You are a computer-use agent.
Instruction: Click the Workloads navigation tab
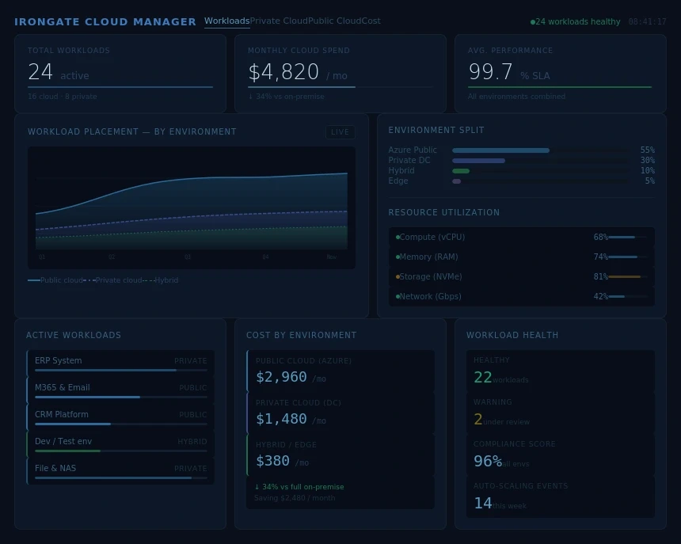(x=226, y=21)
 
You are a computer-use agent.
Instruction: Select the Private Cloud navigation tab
(x=279, y=21)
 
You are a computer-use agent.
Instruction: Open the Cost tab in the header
(x=371, y=21)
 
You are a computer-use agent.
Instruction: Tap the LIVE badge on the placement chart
(x=340, y=132)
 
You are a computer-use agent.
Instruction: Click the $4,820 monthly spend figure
(x=283, y=73)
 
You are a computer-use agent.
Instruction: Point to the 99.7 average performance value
(x=491, y=73)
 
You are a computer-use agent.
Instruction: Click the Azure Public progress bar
(x=500, y=150)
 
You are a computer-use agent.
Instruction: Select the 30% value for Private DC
(x=647, y=160)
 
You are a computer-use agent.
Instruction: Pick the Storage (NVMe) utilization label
(x=430, y=276)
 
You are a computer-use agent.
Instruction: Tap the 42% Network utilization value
(x=600, y=296)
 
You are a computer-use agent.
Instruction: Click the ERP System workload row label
(x=58, y=360)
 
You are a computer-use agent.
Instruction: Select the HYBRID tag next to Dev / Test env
(x=192, y=442)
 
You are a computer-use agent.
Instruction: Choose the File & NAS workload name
(x=55, y=468)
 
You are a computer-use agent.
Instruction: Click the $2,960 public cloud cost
(x=281, y=377)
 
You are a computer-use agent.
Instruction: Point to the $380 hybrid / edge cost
(x=272, y=461)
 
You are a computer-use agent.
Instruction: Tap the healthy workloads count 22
(x=482, y=378)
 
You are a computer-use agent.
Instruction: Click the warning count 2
(x=477, y=420)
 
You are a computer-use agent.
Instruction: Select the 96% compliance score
(x=487, y=462)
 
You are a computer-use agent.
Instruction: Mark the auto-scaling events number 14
(x=482, y=504)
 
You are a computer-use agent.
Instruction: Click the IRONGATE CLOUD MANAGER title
(x=105, y=22)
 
